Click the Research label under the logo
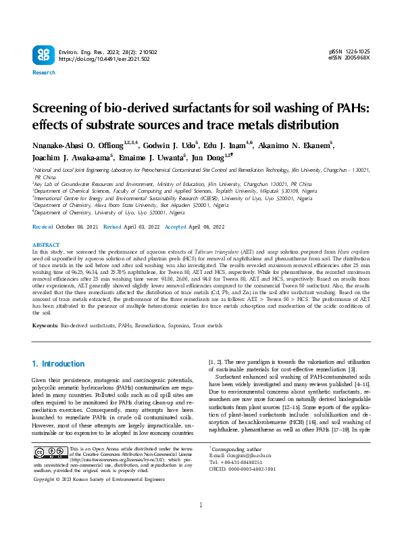[x=44, y=72]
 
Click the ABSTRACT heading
[x=46, y=245]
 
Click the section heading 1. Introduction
[x=59, y=364]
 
